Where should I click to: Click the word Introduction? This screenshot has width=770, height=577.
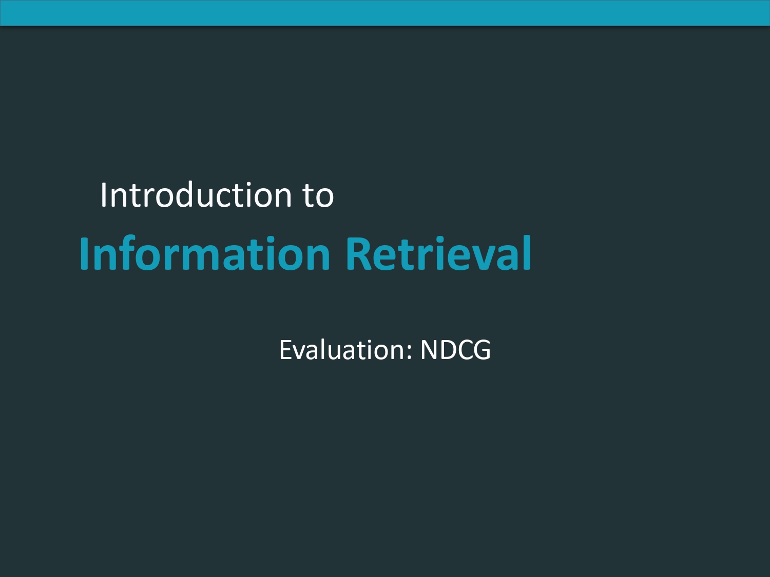tap(196, 195)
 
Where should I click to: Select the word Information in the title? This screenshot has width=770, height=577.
tap(205, 253)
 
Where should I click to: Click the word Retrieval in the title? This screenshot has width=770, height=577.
tap(438, 253)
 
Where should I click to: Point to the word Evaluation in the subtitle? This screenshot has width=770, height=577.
tap(342, 350)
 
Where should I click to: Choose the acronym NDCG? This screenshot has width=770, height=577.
tap(455, 350)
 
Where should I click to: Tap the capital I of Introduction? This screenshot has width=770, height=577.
tap(103, 195)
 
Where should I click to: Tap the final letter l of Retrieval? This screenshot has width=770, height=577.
tap(527, 253)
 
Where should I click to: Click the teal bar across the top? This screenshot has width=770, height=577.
tap(385, 13)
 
